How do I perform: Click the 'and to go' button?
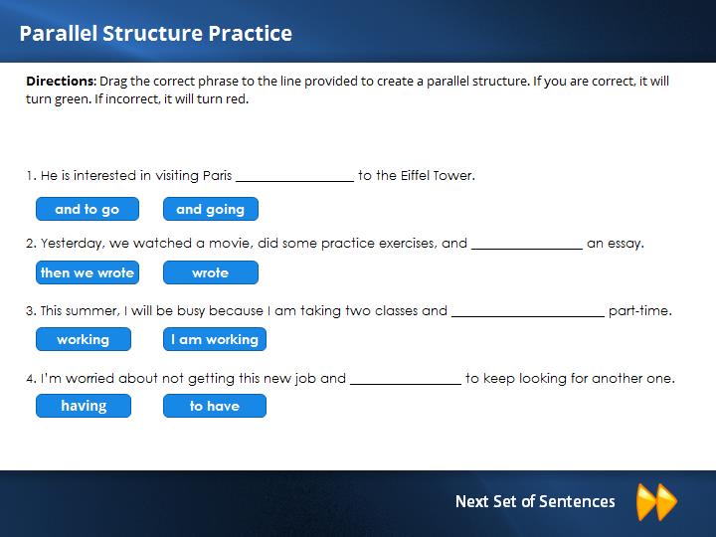pyautogui.click(x=88, y=209)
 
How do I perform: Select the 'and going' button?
pyautogui.click(x=211, y=209)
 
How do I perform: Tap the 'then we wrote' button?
pyautogui.click(x=88, y=272)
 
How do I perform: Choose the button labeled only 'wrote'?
pyautogui.click(x=211, y=272)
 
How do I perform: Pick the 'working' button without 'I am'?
pyautogui.click(x=84, y=339)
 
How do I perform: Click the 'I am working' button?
pyautogui.click(x=215, y=339)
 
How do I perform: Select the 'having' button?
pyautogui.click(x=84, y=406)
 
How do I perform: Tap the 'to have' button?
pyautogui.click(x=215, y=406)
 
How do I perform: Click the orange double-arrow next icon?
pyautogui.click(x=656, y=502)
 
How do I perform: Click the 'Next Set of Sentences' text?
pyautogui.click(x=535, y=501)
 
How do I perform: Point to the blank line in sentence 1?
pyautogui.click(x=295, y=181)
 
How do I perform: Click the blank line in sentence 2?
pyautogui.click(x=527, y=249)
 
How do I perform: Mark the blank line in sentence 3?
pyautogui.click(x=528, y=316)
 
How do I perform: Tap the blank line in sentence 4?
pyautogui.click(x=406, y=384)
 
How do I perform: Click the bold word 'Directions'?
pyautogui.click(x=60, y=82)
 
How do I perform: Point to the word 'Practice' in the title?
pyautogui.click(x=251, y=34)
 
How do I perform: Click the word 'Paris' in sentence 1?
pyautogui.click(x=218, y=175)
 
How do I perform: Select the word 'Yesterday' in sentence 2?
pyautogui.click(x=71, y=244)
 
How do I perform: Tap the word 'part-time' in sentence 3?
pyautogui.click(x=638, y=311)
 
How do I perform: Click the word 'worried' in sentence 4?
pyautogui.click(x=89, y=378)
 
